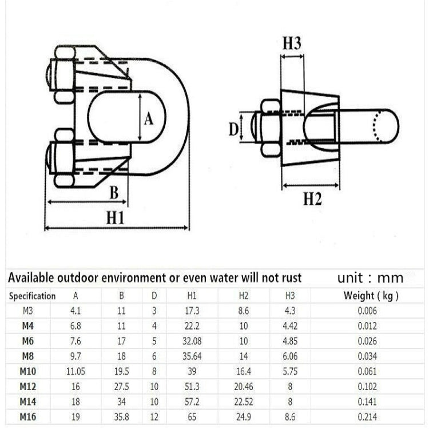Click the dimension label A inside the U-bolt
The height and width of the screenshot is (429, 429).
149,118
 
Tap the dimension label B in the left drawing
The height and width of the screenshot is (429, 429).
114,192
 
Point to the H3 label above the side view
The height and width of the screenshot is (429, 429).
292,44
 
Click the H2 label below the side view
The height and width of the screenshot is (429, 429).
312,198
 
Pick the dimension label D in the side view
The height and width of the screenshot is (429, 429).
234,129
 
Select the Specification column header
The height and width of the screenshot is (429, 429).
32,296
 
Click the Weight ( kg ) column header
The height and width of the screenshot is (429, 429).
371,296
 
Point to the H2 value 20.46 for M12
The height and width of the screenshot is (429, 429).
243,386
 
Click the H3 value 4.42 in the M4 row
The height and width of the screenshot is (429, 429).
289,327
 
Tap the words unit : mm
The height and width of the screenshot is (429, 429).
370,279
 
